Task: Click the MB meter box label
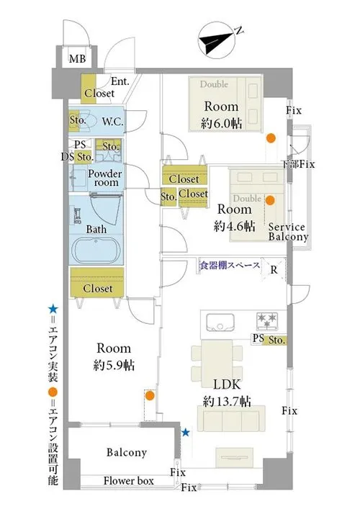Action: [77, 59]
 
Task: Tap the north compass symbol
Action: [217, 40]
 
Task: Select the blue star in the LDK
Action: [185, 432]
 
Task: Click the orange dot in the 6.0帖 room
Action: [271, 138]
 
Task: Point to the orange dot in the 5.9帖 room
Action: [149, 396]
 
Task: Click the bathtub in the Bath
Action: [96, 250]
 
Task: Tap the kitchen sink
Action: [220, 322]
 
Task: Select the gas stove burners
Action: [267, 320]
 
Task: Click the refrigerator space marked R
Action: [274, 269]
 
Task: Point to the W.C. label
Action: [112, 122]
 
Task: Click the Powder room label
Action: [105, 178]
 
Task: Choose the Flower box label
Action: [129, 481]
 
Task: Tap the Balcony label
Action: [127, 452]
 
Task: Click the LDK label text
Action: [227, 384]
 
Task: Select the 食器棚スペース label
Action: [230, 266]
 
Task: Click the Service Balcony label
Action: [288, 232]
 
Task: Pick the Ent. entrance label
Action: [120, 81]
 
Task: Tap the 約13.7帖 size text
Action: [227, 402]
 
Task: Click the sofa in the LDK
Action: [231, 419]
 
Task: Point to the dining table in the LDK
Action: [217, 364]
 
